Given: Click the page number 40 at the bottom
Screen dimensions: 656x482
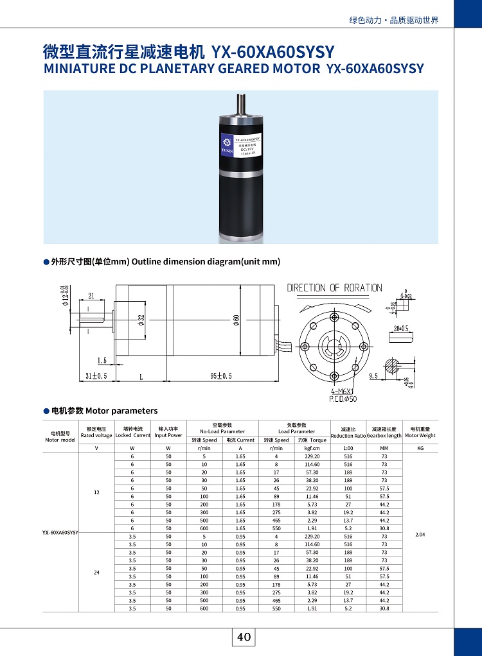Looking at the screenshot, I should click(244, 637).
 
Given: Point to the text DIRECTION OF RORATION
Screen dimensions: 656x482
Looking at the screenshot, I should click(334, 288).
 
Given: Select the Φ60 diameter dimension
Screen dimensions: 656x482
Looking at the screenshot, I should click(237, 319).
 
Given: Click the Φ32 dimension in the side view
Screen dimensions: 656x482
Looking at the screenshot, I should click(141, 319).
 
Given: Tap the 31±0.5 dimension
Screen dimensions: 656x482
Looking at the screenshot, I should click(96, 375).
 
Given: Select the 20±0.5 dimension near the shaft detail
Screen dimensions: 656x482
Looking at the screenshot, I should click(400, 328).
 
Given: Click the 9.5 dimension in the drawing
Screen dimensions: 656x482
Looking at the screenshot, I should click(373, 376).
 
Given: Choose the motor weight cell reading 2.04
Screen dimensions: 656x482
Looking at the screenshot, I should click(420, 533).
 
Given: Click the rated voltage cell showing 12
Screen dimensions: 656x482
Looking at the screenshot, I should click(96, 492).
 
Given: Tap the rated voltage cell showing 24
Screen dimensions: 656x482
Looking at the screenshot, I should click(96, 572).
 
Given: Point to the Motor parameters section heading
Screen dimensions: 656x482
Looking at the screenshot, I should click(104, 411).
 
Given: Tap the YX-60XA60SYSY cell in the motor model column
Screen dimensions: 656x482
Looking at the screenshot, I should click(60, 533).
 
